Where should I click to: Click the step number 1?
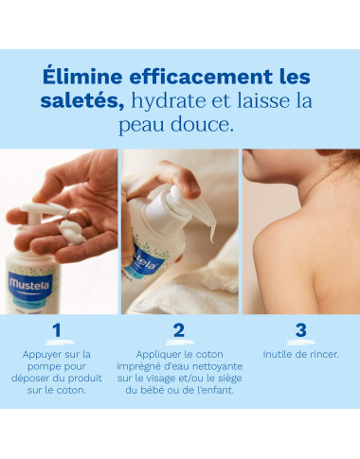tap(57, 330)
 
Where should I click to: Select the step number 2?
tap(179, 330)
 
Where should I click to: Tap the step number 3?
tap(300, 330)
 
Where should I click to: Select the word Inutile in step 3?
tap(278, 354)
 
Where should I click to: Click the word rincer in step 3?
tap(322, 354)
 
